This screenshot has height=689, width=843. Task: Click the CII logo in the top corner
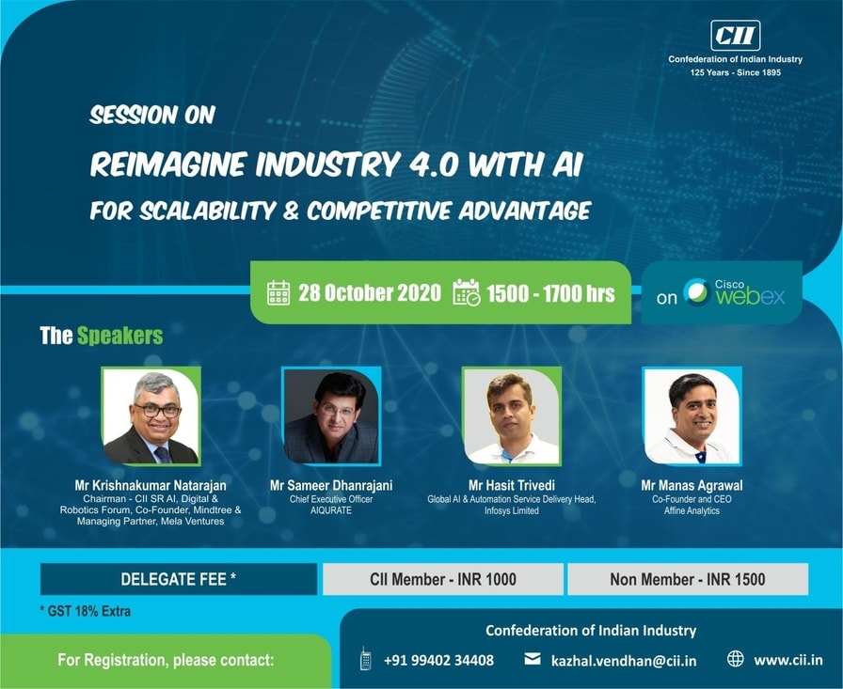point(735,36)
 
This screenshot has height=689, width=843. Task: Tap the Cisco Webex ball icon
point(696,292)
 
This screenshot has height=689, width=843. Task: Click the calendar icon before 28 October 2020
point(278,292)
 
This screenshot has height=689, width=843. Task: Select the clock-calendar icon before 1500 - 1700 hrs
point(466,292)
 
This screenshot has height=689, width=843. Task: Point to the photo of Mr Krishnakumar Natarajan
point(151,416)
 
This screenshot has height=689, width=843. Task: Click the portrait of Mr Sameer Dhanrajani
point(331,416)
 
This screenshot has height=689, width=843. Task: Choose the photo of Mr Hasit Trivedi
point(512,416)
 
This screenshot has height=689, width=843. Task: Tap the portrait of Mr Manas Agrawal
point(692,416)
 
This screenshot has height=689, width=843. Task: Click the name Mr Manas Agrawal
point(692,485)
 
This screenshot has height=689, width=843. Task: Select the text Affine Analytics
point(692,510)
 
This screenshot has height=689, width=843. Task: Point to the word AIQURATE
point(331,510)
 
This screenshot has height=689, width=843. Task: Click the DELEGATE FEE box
point(179,579)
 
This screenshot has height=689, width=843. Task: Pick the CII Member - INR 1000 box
point(443,579)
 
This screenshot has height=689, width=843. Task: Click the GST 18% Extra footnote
point(86,611)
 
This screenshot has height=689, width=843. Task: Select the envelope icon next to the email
point(533,658)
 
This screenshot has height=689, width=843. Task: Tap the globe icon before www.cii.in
point(736,658)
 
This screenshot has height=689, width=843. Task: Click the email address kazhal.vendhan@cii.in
point(624,661)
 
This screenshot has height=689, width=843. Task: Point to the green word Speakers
point(119,337)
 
